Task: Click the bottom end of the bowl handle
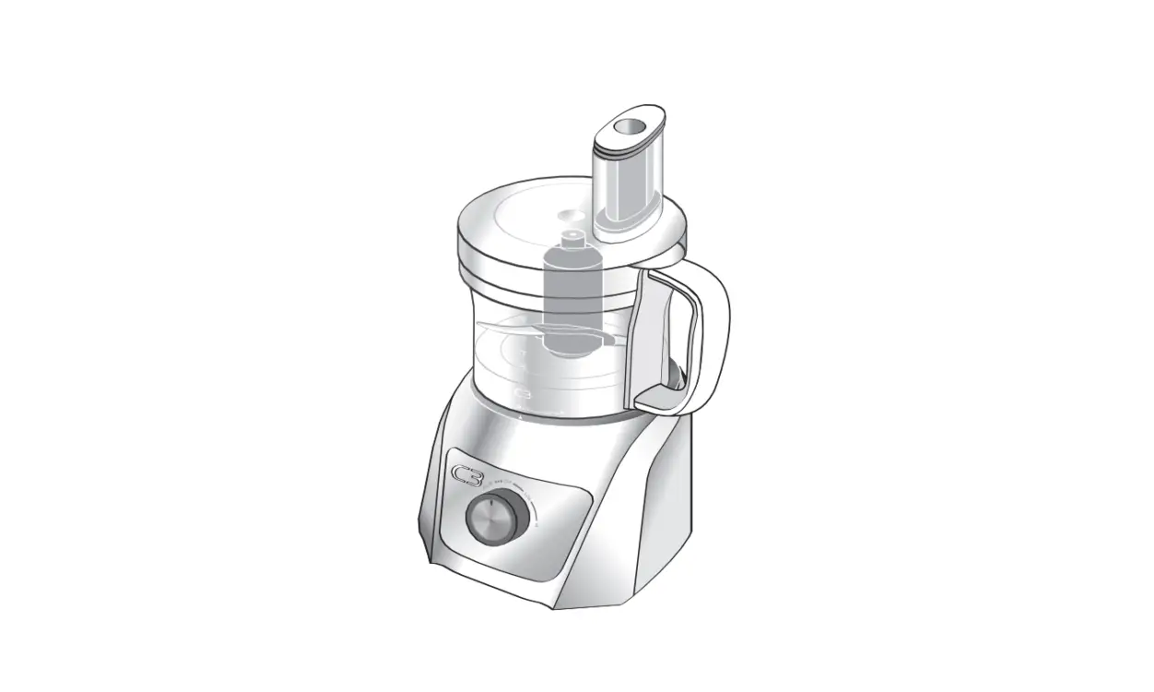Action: [x=659, y=399]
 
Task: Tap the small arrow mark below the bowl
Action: [x=523, y=418]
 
